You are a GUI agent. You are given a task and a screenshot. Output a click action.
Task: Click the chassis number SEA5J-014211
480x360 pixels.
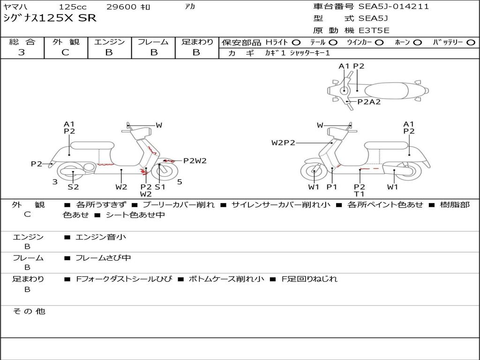[394, 7]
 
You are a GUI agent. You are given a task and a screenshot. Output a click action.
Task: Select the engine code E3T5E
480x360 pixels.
[374, 30]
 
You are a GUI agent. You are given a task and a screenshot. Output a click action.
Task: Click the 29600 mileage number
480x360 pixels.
[121, 7]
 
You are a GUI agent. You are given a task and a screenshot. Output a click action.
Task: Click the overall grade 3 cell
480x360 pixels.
[22, 52]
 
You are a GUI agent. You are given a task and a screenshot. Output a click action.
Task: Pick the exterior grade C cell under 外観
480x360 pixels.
[66, 52]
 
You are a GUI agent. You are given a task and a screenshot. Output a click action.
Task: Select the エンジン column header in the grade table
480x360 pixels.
[109, 42]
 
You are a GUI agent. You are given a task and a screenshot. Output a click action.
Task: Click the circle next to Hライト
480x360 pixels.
[297, 43]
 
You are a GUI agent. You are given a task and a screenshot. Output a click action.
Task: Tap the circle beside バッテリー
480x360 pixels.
[470, 43]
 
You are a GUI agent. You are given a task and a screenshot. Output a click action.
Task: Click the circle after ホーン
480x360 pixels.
[417, 43]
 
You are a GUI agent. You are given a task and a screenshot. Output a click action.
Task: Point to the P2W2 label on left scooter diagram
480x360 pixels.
[195, 161]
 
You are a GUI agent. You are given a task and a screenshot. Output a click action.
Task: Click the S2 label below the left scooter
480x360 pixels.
[73, 187]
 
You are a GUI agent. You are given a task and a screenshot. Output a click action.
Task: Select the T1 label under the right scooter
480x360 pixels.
[360, 194]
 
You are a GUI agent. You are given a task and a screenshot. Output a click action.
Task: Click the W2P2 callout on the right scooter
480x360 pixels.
[283, 142]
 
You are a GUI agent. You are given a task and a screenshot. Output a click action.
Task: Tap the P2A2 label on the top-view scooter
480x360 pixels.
[369, 102]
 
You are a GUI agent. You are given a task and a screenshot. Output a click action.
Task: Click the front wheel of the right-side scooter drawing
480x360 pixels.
[314, 173]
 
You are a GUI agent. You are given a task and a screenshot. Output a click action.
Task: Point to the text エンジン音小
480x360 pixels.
[101, 237]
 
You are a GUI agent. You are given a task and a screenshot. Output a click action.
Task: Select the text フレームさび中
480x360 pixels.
[103, 258]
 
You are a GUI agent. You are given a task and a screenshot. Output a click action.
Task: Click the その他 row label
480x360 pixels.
[29, 311]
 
